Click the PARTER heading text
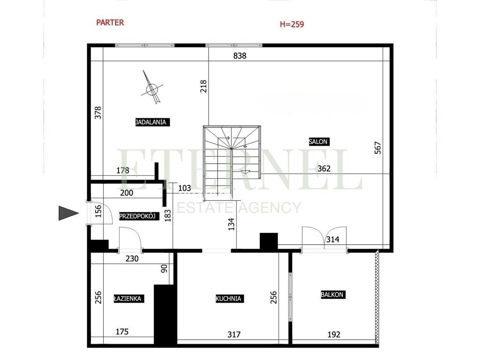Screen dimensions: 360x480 pos(110,22)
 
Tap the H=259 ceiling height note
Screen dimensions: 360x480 pos(292,24)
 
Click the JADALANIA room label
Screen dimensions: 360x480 pos(151,122)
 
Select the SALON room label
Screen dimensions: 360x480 pos(319,141)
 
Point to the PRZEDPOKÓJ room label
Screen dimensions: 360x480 pos(138,216)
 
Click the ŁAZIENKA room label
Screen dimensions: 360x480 pos(127,298)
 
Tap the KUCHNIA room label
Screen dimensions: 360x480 pos(228,298)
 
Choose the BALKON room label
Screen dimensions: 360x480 pos(332,295)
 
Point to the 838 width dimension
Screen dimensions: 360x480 pos(240,56)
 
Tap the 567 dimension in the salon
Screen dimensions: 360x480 pos(378,148)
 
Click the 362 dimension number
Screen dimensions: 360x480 pos(323,169)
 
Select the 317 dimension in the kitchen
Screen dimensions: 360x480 pos(234,334)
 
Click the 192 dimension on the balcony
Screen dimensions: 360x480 pos(333,335)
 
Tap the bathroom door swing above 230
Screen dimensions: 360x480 pos(131,239)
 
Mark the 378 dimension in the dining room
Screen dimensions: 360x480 pos(98,113)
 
